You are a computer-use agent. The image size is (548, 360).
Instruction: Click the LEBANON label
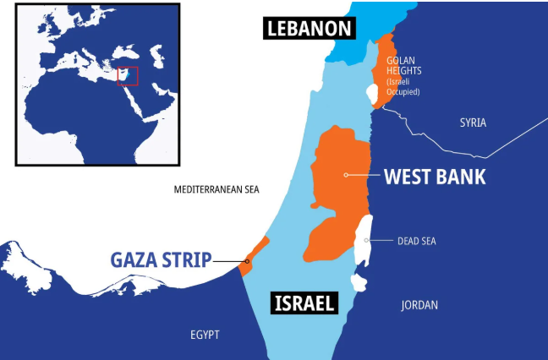pos(309,28)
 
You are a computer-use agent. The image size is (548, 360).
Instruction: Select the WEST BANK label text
pos(435,177)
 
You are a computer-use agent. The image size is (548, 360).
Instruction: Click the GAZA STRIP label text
pos(160,260)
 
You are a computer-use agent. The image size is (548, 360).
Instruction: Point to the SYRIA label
pos(473,123)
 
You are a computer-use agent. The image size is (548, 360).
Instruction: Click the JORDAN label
pos(419,305)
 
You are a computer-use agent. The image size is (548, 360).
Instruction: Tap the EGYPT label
pos(205,335)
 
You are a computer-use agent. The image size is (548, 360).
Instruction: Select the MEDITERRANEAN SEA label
pos(216,189)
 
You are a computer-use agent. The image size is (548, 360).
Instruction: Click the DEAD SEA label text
pos(417,241)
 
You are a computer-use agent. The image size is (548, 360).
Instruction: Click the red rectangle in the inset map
pos(127,75)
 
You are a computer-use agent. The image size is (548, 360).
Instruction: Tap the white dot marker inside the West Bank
pos(345,175)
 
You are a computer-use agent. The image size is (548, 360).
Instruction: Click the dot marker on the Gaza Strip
pos(247,261)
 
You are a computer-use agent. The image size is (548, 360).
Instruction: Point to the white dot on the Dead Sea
pos(366,240)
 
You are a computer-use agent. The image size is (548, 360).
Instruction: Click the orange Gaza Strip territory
pos(256,251)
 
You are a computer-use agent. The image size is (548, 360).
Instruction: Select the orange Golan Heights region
pos(385,68)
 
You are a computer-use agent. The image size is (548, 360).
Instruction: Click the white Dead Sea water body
pos(364,232)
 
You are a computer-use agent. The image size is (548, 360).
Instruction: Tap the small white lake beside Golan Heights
pos(375,95)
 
